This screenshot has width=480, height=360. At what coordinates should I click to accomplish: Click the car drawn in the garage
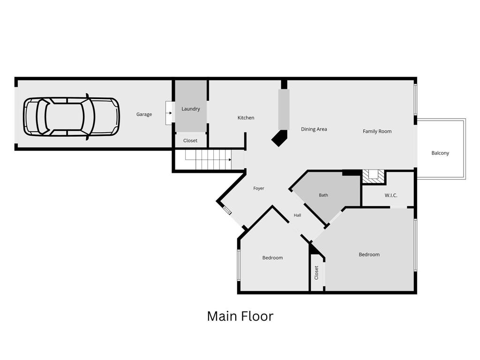click(x=71, y=117)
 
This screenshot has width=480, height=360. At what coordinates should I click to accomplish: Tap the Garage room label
click(x=144, y=114)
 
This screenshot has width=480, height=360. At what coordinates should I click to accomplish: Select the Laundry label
click(x=190, y=109)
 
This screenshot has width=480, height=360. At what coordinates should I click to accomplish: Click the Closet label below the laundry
click(x=190, y=141)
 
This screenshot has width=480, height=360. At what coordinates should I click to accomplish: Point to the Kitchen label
click(x=246, y=118)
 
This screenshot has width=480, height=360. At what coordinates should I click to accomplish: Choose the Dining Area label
click(x=314, y=129)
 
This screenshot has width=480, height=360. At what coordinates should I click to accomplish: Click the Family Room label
click(x=377, y=131)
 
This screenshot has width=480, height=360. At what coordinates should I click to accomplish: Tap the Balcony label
click(x=440, y=153)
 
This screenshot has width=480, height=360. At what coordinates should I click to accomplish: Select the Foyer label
click(x=259, y=188)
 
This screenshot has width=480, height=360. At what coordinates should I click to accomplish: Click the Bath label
click(x=323, y=195)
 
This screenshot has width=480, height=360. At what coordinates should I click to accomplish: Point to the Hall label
click(x=297, y=215)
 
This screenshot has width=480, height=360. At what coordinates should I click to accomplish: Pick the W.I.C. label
click(x=391, y=195)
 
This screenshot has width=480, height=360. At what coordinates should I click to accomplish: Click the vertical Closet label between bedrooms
click(x=316, y=272)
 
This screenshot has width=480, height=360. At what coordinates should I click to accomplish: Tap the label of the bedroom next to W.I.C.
click(x=369, y=255)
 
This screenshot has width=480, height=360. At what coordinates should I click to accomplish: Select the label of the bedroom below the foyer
click(x=272, y=258)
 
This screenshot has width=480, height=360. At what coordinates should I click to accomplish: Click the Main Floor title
click(x=240, y=316)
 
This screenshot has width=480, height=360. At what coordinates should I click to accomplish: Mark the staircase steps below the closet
click(x=208, y=159)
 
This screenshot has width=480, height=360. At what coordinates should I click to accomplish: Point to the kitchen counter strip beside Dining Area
click(x=284, y=109)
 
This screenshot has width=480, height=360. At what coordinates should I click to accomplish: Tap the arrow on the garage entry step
click(x=169, y=113)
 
